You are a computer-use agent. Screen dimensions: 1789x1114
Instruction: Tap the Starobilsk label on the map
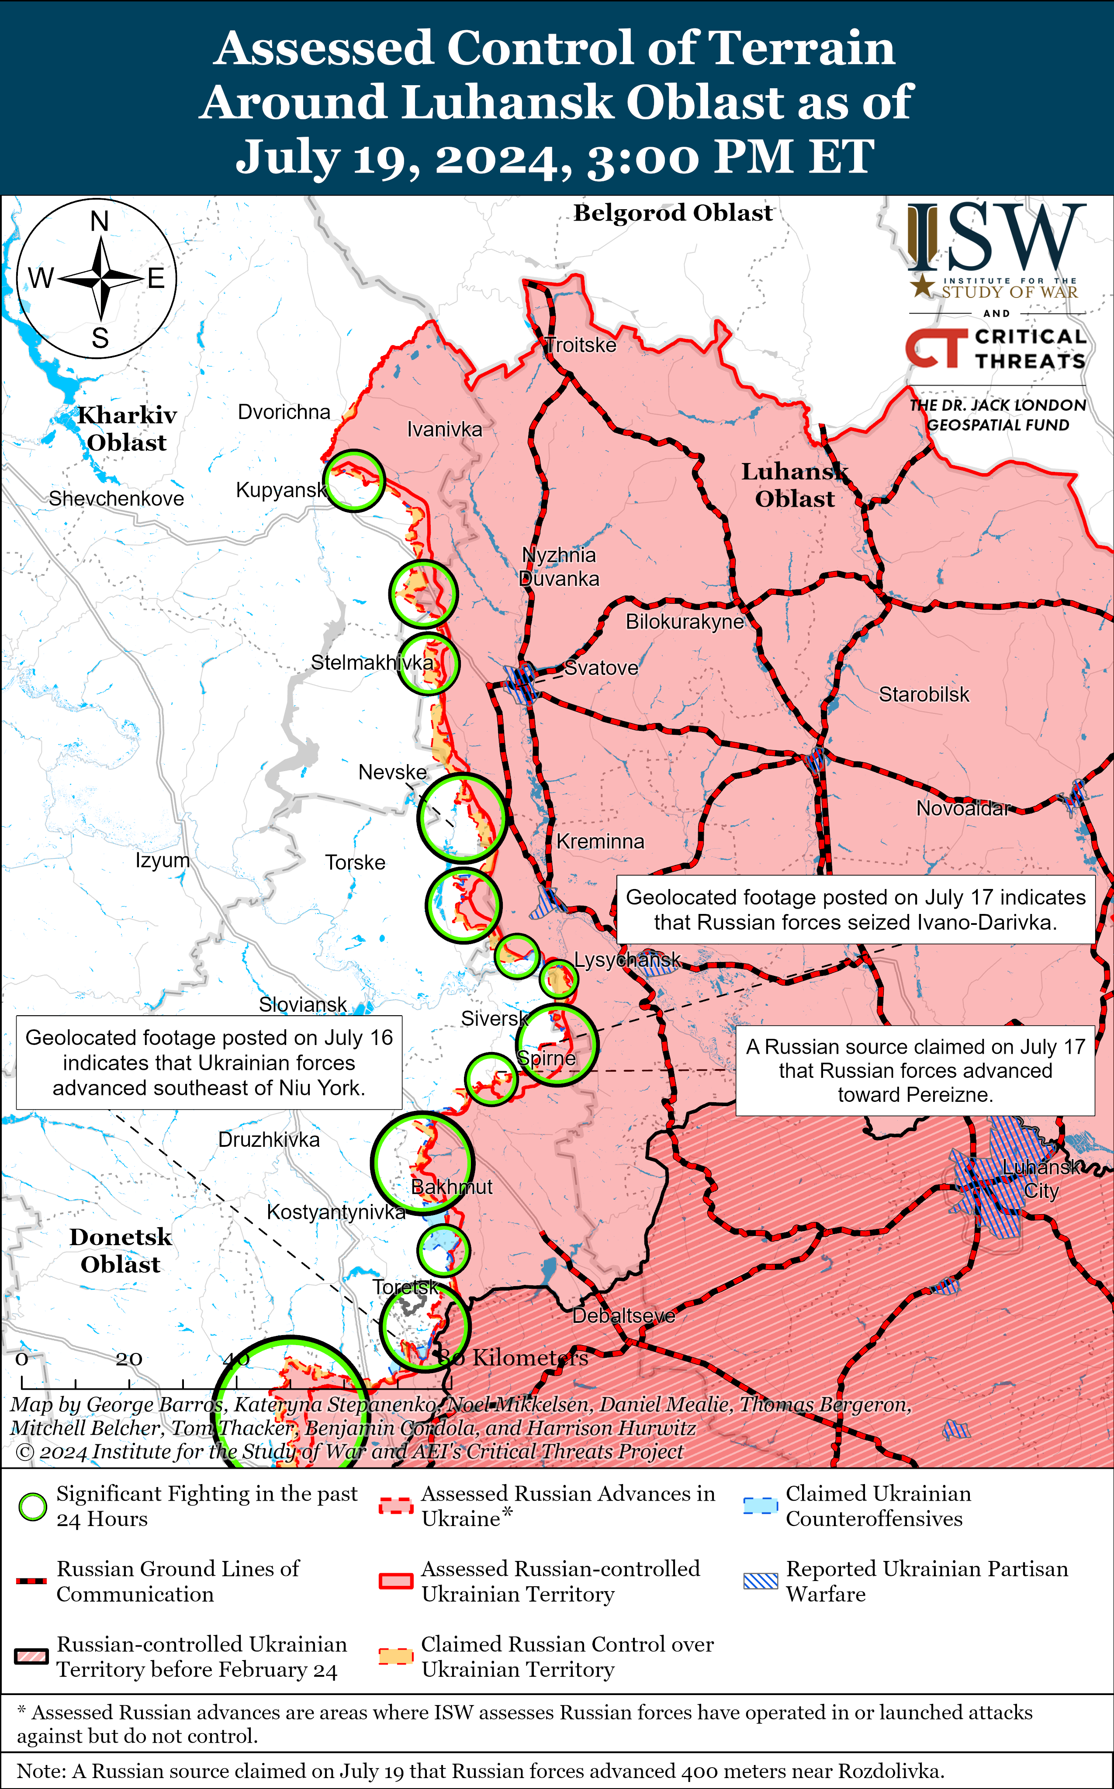click(924, 694)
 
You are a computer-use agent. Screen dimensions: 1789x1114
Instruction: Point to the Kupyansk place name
click(281, 490)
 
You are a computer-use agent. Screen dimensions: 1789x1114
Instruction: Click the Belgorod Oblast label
click(673, 213)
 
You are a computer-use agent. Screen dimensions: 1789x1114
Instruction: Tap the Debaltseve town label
click(623, 1315)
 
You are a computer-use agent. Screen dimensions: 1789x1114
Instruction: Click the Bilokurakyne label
click(685, 621)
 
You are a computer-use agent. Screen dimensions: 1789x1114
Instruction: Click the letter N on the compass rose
click(100, 221)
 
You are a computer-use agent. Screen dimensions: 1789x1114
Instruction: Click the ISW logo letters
click(996, 237)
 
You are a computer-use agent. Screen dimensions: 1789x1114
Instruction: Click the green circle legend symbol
click(32, 1507)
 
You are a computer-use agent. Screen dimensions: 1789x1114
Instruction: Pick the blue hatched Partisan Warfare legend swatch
click(760, 1581)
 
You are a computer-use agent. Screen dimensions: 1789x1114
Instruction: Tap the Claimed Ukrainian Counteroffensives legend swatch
click(760, 1506)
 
